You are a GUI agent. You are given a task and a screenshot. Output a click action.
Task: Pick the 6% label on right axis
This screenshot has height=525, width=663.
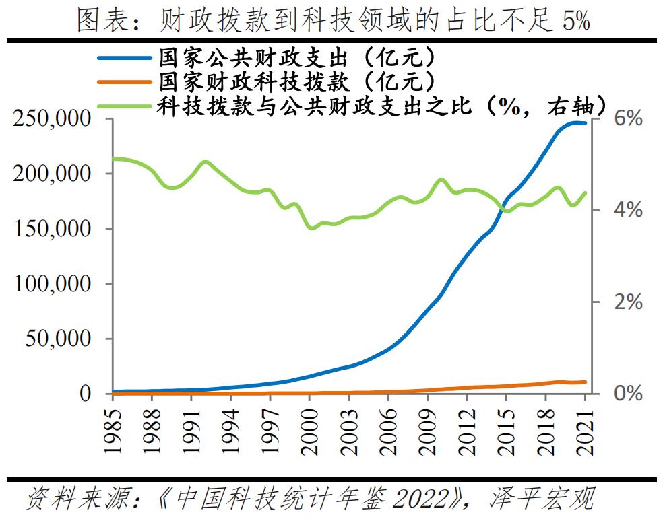pyautogui.click(x=627, y=119)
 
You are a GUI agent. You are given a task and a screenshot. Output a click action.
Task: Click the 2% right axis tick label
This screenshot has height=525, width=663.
pyautogui.click(x=627, y=302)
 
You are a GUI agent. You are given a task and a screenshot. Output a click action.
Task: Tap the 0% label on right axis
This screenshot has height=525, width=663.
pyautogui.click(x=627, y=394)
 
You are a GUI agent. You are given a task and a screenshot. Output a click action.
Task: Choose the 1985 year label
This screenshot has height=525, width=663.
pyautogui.click(x=113, y=424)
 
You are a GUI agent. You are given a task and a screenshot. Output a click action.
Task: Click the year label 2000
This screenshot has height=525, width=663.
pyautogui.click(x=310, y=424)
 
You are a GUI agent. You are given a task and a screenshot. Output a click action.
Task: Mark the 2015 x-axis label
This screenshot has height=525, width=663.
pyautogui.click(x=507, y=424)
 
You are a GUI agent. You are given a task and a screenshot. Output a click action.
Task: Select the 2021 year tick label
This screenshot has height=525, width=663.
pyautogui.click(x=586, y=424)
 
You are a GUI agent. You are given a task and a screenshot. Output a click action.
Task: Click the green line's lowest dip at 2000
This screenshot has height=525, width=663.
pyautogui.click(x=311, y=228)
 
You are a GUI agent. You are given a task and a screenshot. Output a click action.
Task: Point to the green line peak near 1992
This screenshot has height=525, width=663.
pyautogui.click(x=206, y=162)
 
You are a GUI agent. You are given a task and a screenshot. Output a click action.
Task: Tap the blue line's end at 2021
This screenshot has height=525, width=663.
pyautogui.click(x=585, y=124)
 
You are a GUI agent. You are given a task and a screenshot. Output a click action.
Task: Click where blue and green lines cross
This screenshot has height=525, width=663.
pyautogui.click(x=503, y=206)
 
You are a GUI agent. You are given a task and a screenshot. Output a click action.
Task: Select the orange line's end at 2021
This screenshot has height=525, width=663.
pyautogui.click(x=585, y=382)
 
